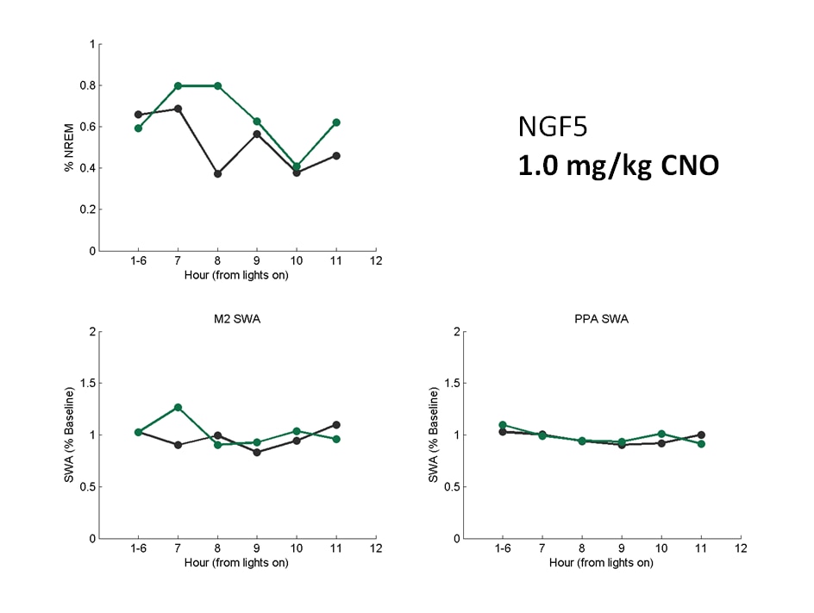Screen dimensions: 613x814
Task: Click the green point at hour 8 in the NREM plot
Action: tap(217, 86)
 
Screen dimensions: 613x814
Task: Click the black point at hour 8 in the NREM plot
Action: tap(217, 173)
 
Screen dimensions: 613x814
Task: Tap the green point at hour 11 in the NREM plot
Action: tap(336, 122)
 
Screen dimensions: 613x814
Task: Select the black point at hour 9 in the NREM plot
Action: tap(257, 134)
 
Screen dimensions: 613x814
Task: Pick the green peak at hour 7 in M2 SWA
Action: tap(178, 407)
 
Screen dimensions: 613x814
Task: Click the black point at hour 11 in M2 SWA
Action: tap(336, 424)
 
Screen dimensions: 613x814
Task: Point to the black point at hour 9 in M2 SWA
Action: tap(257, 452)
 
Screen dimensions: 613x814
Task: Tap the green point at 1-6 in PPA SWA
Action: tap(502, 425)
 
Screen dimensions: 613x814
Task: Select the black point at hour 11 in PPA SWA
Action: tap(701, 435)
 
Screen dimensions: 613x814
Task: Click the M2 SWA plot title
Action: tap(236, 319)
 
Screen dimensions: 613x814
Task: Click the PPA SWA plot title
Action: tap(601, 319)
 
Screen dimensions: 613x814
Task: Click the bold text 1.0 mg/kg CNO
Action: tap(617, 165)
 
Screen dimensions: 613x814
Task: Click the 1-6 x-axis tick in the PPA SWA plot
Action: tap(502, 549)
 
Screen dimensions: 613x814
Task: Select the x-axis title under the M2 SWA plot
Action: tap(236, 563)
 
